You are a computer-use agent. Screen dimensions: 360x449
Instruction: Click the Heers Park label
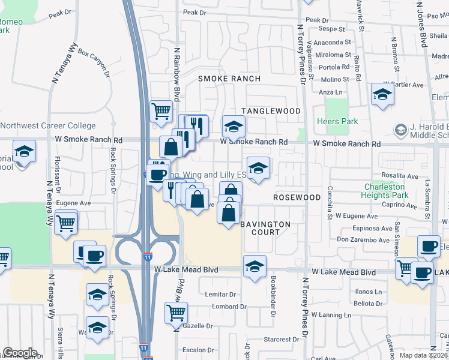point(340,122)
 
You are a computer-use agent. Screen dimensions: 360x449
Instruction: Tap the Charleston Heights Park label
point(386,191)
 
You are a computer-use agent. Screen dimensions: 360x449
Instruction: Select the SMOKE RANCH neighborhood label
point(229,79)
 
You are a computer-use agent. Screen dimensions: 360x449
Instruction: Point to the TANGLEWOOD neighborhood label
point(271,111)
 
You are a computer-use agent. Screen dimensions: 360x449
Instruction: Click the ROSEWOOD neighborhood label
point(297,197)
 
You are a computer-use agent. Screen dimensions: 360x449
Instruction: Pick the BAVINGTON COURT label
point(265,228)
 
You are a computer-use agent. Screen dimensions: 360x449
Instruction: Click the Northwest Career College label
point(48,126)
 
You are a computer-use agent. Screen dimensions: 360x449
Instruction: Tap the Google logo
point(20,353)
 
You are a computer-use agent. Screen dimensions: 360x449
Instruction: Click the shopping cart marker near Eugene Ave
point(66,223)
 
